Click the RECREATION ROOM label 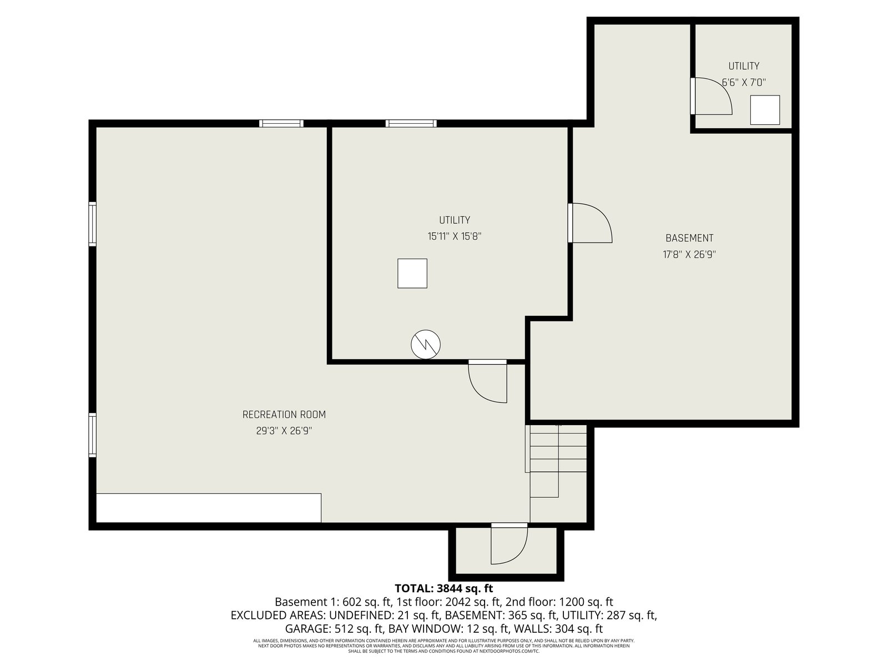284,415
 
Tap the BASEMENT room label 689,238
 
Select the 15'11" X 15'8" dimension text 455,236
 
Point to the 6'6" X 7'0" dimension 744,83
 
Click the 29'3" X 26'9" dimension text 284,431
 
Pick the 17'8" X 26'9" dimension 689,255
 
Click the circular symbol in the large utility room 426,345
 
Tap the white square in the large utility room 412,274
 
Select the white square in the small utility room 765,110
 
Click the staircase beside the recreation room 558,461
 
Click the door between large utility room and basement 591,223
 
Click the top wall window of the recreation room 281,123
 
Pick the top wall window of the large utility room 411,123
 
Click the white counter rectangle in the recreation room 209,508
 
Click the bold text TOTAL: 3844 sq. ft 444,588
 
